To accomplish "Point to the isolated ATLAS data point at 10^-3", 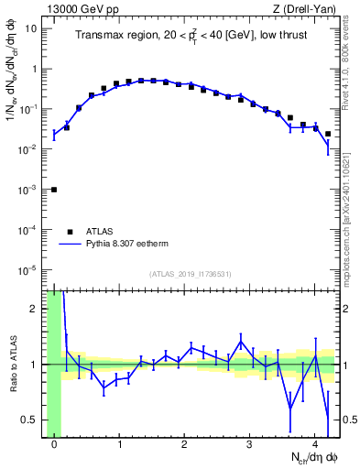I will pyautogui.click(x=54, y=190).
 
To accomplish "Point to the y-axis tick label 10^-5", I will pyautogui.click(x=29, y=269).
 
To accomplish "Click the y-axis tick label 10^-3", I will pyautogui.click(x=29, y=189).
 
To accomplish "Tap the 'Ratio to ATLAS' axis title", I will pyautogui.click(x=11, y=365).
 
